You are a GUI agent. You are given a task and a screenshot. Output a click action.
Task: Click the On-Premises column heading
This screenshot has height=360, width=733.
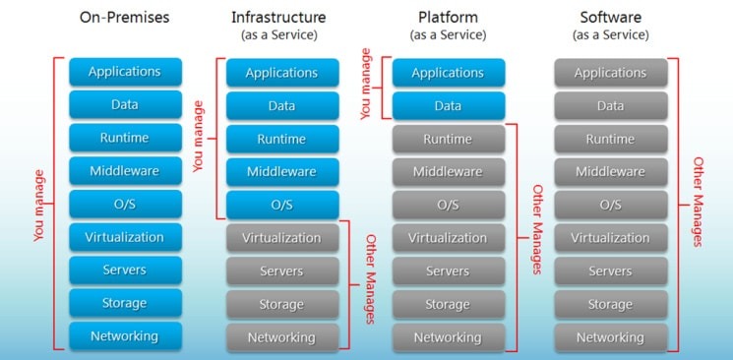point(125,18)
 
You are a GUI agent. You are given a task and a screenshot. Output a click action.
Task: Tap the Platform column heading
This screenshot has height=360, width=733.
point(448,18)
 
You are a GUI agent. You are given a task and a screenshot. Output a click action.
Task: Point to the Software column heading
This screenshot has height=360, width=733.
point(610,18)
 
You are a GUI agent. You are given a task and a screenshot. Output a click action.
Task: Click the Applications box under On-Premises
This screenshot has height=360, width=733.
point(125,72)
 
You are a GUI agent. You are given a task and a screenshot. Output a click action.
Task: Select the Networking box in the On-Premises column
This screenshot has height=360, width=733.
point(125,336)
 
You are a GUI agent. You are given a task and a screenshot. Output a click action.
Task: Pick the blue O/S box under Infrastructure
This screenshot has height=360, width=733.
point(281,205)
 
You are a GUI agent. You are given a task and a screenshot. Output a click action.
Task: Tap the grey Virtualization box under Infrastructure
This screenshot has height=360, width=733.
point(281,238)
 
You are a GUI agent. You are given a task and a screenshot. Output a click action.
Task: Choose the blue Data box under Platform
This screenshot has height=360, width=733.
point(448,105)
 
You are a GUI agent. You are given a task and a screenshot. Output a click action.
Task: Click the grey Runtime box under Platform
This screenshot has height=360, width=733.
point(448,139)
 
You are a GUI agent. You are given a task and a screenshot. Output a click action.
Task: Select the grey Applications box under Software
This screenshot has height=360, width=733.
point(610,73)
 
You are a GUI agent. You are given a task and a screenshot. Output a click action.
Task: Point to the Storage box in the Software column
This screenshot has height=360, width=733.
point(610,304)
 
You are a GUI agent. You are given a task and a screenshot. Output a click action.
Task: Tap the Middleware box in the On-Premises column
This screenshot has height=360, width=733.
point(125,171)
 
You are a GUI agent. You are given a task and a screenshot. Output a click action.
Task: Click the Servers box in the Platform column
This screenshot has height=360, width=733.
point(448,270)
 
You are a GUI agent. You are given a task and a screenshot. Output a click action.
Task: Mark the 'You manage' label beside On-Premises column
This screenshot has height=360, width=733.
point(39,205)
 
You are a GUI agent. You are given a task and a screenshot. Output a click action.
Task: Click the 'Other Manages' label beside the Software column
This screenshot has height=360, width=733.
point(698,202)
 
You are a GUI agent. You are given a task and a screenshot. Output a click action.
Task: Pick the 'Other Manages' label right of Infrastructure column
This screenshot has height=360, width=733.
point(370,279)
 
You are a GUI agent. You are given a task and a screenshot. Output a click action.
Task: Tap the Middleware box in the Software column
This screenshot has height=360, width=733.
point(610,172)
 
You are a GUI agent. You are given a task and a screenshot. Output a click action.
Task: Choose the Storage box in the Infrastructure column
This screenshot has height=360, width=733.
point(281,304)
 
